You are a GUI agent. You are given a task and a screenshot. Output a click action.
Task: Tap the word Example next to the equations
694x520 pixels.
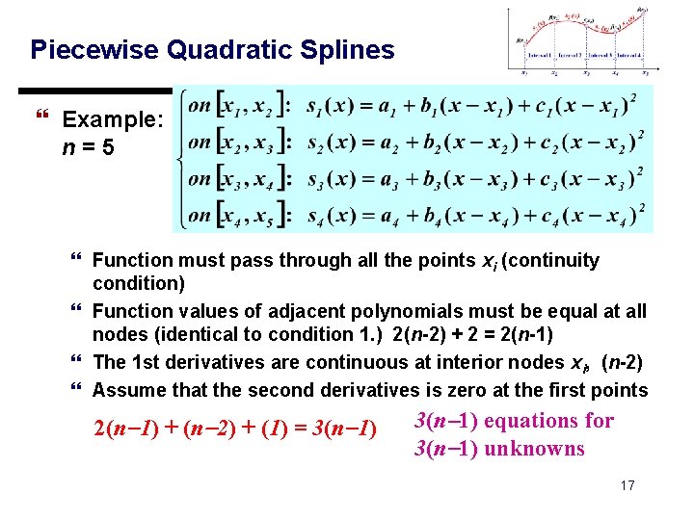106,120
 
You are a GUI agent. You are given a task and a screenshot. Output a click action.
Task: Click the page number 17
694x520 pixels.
627,485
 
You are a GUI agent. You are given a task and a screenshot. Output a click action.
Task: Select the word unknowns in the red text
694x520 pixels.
535,449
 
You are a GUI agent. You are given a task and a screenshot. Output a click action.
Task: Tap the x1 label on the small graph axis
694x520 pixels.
524,72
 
